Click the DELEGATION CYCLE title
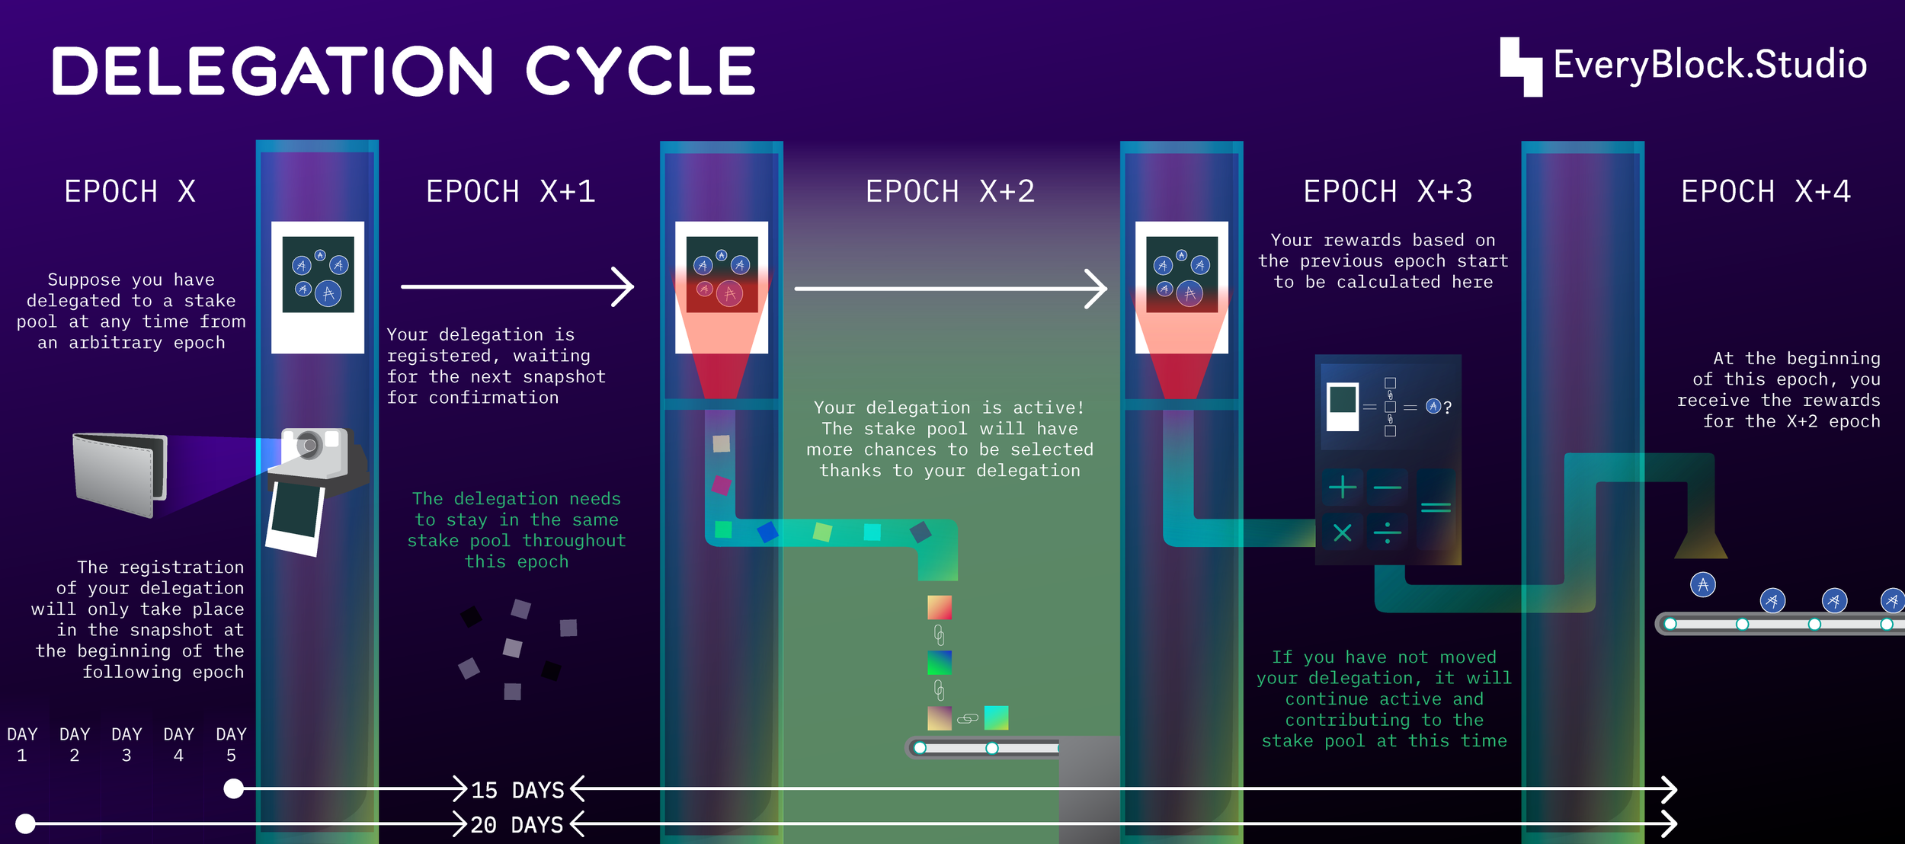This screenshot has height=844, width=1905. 404,71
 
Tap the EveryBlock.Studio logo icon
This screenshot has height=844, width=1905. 1521,67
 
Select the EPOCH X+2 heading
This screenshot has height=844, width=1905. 950,192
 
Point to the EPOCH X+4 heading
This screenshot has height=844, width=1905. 1766,192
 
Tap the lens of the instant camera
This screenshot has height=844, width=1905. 309,446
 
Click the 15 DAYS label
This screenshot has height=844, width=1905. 517,790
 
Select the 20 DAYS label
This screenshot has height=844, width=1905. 517,825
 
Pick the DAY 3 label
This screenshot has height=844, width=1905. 126,744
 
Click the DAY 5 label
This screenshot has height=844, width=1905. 231,744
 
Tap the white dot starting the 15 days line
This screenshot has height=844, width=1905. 234,788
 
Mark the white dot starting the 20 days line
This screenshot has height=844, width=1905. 25,823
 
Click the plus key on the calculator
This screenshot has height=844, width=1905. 1342,487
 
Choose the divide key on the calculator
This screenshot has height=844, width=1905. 1387,532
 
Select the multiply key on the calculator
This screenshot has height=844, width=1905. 1342,532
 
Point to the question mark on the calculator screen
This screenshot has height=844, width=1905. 1447,408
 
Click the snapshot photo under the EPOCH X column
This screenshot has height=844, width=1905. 318,287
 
